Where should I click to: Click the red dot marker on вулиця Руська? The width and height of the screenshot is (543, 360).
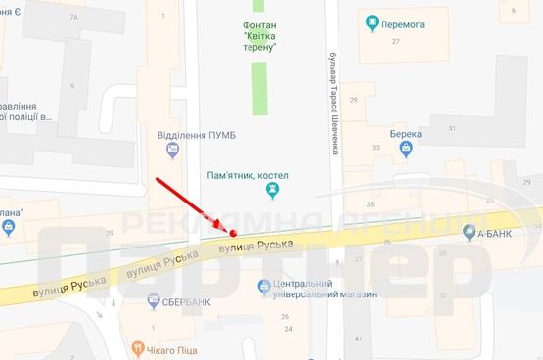pos(233,232)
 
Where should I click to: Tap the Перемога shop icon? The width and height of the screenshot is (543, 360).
pos(370,22)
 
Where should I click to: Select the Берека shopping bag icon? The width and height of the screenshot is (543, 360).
pos(405,149)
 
